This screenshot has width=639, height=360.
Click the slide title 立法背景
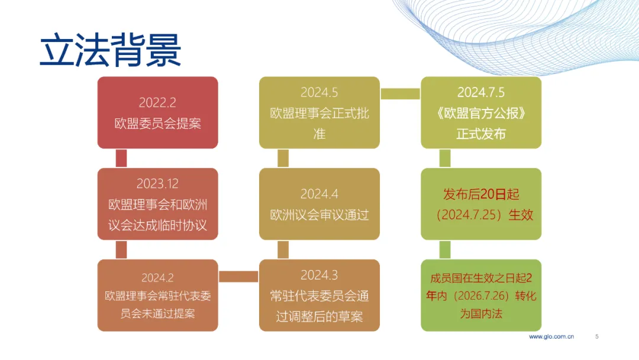click(111, 50)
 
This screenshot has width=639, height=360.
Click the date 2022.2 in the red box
click(157, 103)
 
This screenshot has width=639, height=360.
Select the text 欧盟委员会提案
click(158, 124)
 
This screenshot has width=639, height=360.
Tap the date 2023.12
click(157, 184)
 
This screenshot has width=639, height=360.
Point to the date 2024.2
click(157, 278)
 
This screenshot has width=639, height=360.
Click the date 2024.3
click(319, 275)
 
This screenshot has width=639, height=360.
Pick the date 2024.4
click(319, 194)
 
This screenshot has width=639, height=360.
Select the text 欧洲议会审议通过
click(319, 215)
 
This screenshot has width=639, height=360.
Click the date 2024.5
click(319, 92)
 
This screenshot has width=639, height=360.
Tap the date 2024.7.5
click(481, 92)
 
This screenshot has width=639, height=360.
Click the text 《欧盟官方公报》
click(481, 113)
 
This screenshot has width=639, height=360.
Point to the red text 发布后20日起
click(481, 194)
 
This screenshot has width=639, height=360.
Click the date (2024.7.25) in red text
click(469, 215)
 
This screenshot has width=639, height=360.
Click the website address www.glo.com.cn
click(551, 337)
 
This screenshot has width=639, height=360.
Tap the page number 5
click(596, 337)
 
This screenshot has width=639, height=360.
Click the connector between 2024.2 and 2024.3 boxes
click(238, 277)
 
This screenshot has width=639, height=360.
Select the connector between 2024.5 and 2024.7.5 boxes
click(400, 94)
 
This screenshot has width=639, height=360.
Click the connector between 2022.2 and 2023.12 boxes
click(121, 158)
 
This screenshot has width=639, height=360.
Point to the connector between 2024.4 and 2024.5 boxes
click(283, 158)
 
